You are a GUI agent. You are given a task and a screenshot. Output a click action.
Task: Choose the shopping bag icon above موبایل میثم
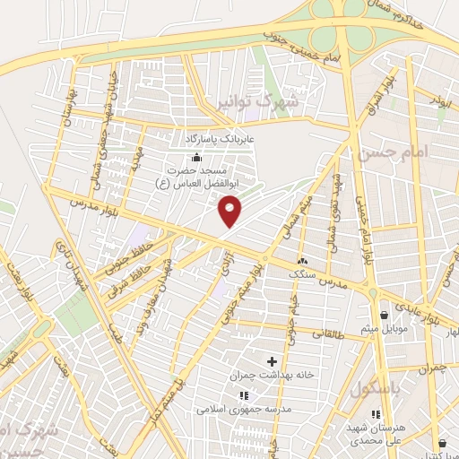[x=384, y=315]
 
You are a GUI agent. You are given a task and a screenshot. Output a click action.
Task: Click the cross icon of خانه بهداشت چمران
[x=273, y=361]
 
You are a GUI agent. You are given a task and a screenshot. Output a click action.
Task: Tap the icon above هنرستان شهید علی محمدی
[x=376, y=415]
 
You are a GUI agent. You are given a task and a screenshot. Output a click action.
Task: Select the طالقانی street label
[x=330, y=333]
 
